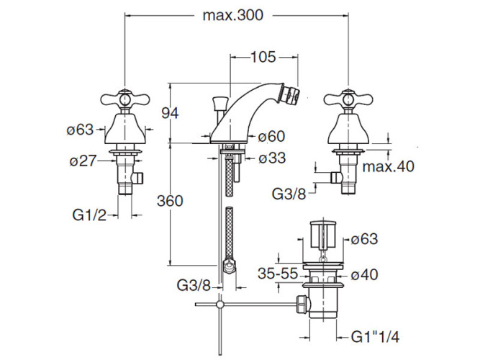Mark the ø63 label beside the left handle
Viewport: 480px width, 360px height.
tap(80, 130)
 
